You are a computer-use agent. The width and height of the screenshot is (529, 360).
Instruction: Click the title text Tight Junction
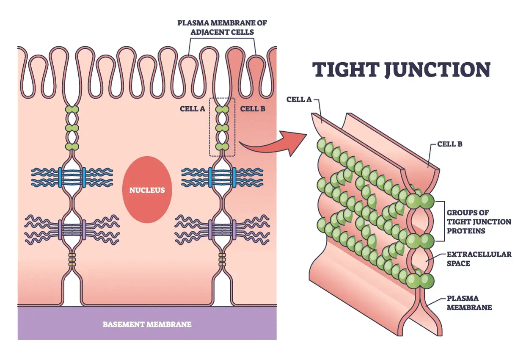click(x=401, y=69)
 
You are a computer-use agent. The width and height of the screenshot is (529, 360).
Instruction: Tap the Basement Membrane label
click(x=147, y=324)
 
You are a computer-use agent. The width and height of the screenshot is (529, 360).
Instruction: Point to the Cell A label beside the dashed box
click(x=192, y=109)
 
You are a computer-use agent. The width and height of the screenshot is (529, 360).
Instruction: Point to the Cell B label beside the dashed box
click(x=253, y=109)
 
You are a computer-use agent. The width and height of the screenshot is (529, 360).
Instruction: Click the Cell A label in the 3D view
click(x=299, y=99)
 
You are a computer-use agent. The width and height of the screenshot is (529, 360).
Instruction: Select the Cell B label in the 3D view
click(x=449, y=144)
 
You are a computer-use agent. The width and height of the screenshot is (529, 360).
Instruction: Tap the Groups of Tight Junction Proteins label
click(x=479, y=222)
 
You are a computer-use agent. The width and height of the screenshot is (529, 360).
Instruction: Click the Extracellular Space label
click(x=479, y=259)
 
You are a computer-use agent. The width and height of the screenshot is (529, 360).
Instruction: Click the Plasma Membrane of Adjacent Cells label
click(x=222, y=27)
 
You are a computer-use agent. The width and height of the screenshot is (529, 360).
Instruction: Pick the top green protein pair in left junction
click(x=72, y=109)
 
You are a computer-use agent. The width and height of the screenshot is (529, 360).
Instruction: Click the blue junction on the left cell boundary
click(x=72, y=177)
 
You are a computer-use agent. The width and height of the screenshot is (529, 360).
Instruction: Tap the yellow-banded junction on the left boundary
click(x=72, y=260)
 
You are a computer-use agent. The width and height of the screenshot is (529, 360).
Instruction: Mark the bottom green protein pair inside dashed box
click(x=222, y=147)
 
